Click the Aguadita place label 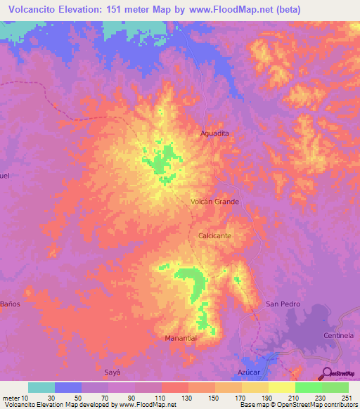215,133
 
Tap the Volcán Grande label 215,202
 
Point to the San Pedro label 283,304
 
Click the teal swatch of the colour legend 41,387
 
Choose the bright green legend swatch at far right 335,387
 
